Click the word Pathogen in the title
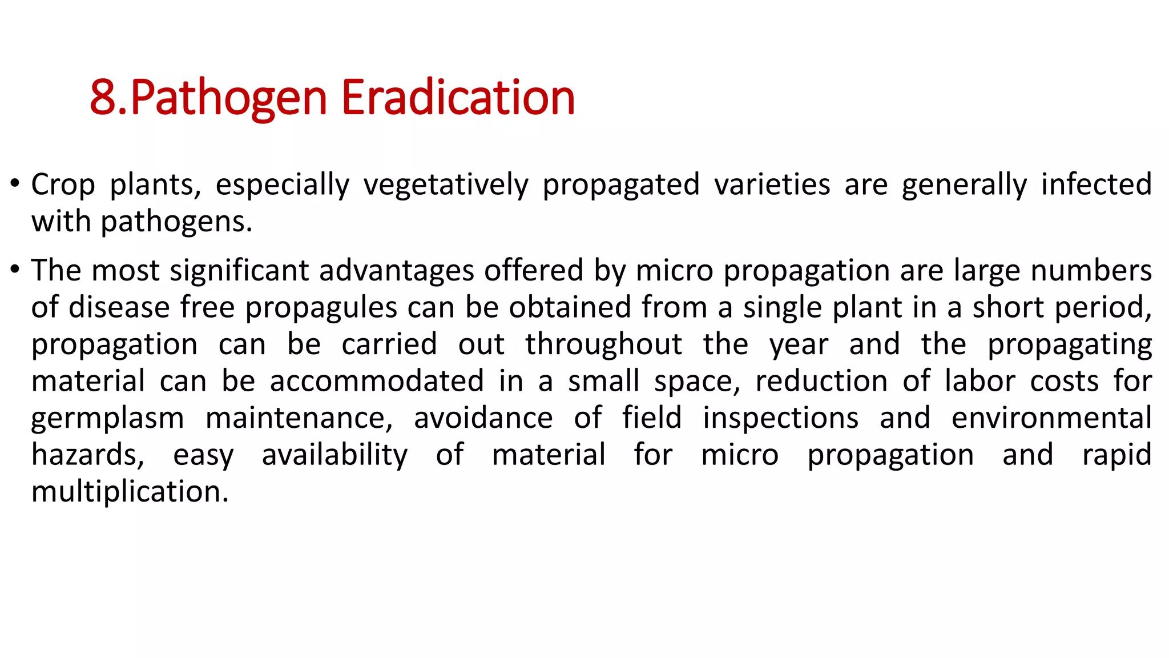228,98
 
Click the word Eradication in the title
458,98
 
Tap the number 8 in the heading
103,98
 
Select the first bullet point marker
15,184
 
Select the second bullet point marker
15,269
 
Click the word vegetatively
446,186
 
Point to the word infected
1096,184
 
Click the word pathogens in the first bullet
176,222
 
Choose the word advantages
397,271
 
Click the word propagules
321,308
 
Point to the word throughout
603,345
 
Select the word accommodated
377,382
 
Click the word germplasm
107,419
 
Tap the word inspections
780,418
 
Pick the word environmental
1051,418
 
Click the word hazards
87,455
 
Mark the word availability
334,455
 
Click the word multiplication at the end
130,492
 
